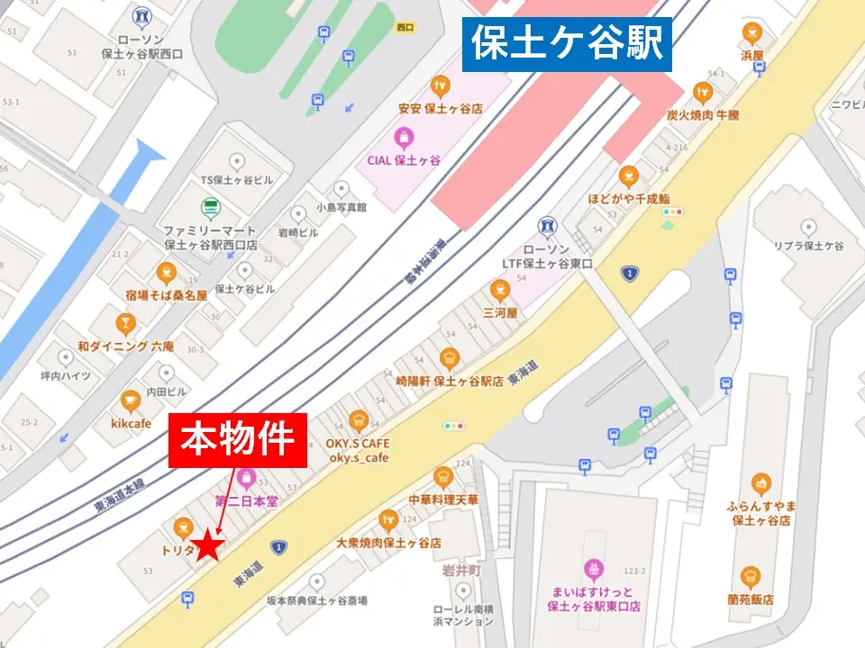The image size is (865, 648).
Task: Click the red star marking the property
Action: tap(210, 545)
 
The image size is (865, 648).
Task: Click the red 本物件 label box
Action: tap(238, 440)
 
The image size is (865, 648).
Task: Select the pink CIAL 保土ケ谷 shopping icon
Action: tap(404, 138)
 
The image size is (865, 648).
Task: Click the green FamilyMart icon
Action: tap(210, 208)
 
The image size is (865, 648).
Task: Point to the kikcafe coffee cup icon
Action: tap(132, 400)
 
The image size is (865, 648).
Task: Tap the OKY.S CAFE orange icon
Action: tap(359, 419)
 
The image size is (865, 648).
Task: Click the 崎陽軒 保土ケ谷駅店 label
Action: tap(449, 381)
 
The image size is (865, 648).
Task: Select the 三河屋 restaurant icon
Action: tap(500, 290)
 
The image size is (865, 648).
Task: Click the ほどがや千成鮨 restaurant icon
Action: tap(629, 175)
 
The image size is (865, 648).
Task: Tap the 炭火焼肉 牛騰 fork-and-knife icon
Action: tap(703, 92)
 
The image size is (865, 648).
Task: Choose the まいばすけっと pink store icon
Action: tap(593, 568)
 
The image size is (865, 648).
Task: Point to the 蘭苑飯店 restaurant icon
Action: tap(750, 577)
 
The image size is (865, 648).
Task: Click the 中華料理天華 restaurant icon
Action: tap(442, 477)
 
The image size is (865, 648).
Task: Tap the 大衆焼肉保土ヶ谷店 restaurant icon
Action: tap(388, 520)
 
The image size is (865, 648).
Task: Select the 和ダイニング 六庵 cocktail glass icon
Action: tap(125, 323)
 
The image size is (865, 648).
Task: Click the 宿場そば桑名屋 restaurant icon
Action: tap(166, 272)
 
